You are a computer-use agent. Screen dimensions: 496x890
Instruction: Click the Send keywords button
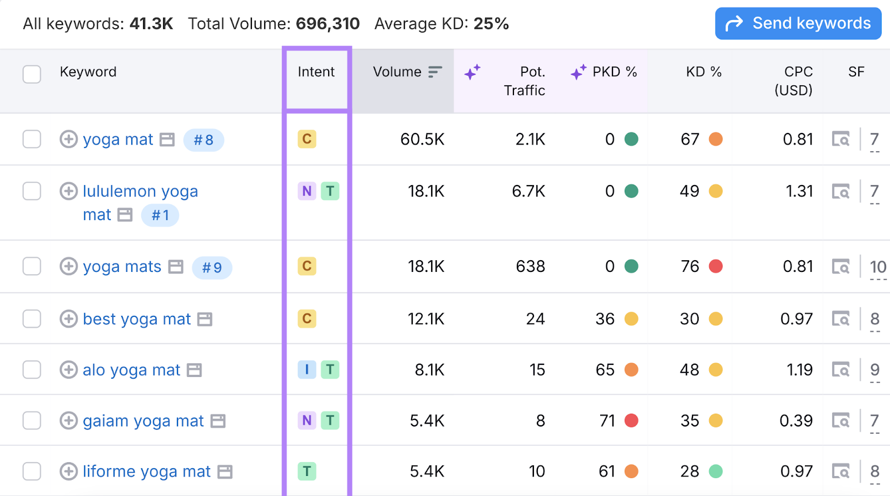coord(798,23)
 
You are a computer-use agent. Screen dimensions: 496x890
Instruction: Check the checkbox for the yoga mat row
coord(32,139)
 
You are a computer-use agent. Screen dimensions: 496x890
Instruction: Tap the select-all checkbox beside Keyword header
coord(32,74)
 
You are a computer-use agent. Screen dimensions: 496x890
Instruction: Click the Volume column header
coord(397,72)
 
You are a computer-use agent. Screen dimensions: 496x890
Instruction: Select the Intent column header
coord(316,72)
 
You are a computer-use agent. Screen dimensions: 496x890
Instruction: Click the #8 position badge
coord(204,140)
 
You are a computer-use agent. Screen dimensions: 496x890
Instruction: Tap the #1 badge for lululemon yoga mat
coord(160,215)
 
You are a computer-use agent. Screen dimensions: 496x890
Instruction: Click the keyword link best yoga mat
coord(137,319)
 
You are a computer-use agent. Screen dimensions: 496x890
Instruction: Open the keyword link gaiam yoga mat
coord(144,421)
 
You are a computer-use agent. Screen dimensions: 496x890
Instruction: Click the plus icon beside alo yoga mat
coord(68,370)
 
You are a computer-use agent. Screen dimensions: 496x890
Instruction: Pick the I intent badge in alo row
coord(306,370)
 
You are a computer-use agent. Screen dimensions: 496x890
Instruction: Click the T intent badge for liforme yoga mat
coord(306,472)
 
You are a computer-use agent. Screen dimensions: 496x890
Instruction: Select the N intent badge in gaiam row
coord(306,420)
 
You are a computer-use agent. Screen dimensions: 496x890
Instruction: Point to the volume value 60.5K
coord(422,139)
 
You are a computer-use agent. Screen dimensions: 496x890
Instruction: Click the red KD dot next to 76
coord(716,266)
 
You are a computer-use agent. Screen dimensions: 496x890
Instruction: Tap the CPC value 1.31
coord(799,191)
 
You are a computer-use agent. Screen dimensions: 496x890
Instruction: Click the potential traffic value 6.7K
coord(528,191)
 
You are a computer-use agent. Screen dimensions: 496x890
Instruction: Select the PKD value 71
coord(607,421)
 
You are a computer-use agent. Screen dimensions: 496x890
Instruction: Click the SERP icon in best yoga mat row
coord(840,319)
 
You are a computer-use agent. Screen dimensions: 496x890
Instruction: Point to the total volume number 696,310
coord(328,24)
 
